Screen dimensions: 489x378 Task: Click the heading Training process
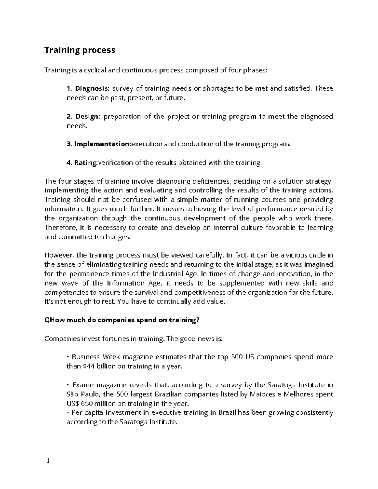[x=80, y=50]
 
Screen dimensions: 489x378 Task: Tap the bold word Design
[x=87, y=117]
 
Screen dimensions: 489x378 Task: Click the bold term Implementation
[x=102, y=144]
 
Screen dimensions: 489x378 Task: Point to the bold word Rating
[x=86, y=163]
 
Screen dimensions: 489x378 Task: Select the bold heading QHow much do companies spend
[x=122, y=320]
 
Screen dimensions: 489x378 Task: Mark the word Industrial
[x=172, y=274]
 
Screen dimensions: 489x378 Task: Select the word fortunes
[x=115, y=339]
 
